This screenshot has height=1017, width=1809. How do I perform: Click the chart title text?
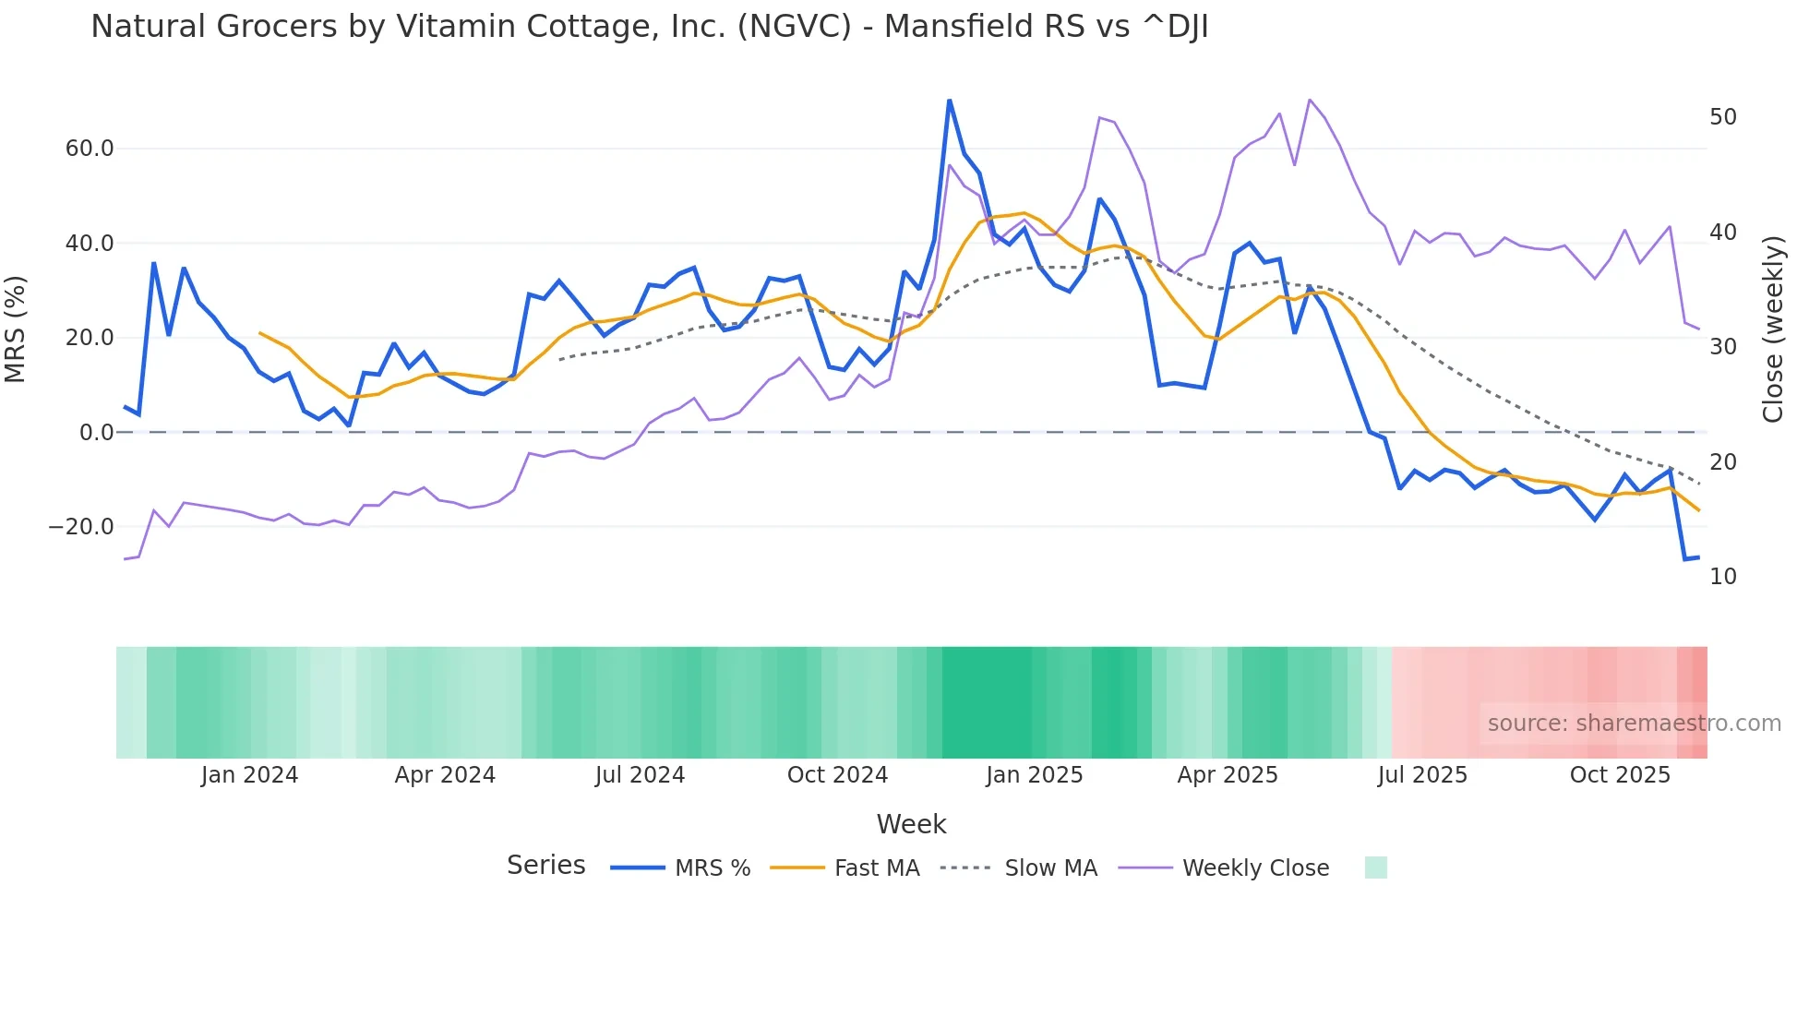649,27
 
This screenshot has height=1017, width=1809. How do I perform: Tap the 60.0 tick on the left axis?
90,149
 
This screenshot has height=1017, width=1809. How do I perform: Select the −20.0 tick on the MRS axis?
81,527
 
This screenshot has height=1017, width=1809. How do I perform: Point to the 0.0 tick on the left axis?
97,432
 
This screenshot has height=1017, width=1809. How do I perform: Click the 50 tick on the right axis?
1722,117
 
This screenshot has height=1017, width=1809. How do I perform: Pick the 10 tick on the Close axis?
1722,577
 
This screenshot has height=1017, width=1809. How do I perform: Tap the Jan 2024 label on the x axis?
249,775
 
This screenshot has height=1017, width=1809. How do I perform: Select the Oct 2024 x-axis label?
837,775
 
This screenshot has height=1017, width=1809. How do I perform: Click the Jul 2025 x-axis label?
1422,775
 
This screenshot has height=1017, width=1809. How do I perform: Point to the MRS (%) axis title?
16,329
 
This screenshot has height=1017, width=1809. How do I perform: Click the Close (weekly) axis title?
1772,329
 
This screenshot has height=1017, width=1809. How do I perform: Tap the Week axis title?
911,824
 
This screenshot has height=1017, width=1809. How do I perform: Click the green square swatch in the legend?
1375,867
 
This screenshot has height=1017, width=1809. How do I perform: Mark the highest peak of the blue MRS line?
949,101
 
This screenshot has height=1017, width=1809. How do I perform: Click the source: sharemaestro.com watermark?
1634,724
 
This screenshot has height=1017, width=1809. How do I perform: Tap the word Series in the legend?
545,866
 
